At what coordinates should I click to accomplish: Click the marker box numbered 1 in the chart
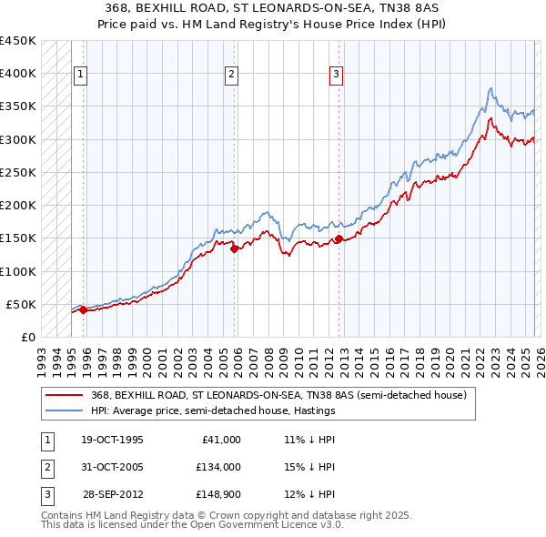pos(81,75)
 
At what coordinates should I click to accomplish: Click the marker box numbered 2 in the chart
pos(232,75)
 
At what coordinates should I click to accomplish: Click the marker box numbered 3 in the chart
pos(336,75)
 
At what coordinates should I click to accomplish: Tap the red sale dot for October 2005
pos(234,248)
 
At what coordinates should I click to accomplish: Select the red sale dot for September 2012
pos(339,239)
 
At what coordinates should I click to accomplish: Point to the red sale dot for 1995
pos(83,309)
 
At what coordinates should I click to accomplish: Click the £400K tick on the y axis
pos(18,74)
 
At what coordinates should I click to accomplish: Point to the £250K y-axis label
pos(18,172)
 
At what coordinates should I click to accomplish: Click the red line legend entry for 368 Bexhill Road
pos(278,396)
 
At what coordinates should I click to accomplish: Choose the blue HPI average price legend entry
pos(213,411)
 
